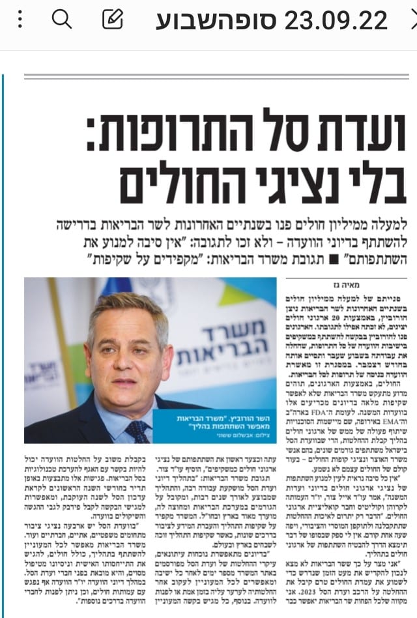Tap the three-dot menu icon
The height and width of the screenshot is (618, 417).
(x=20, y=20)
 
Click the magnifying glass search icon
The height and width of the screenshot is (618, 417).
(x=61, y=20)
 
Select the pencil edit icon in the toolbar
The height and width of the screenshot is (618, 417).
(x=113, y=20)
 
